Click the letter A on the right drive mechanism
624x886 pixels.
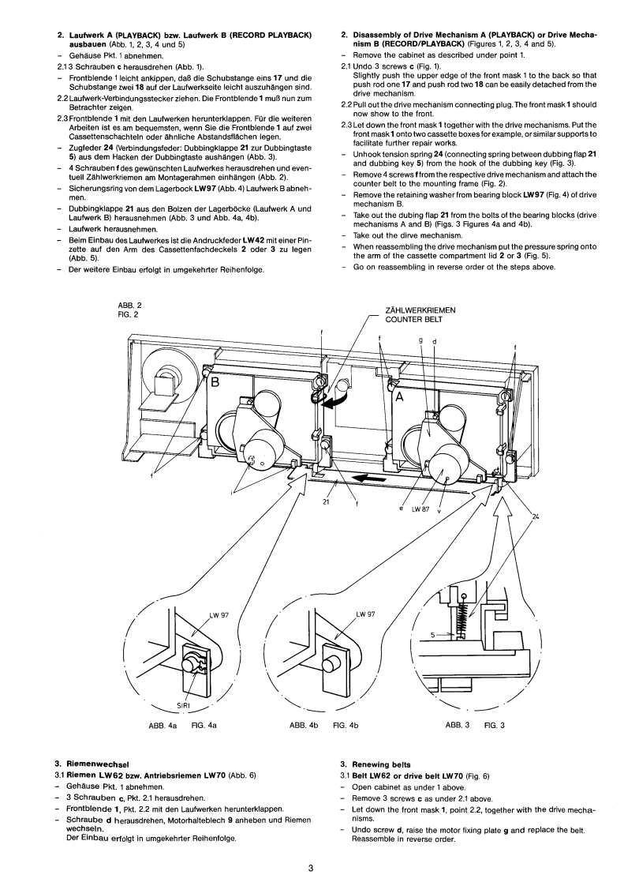[399, 399]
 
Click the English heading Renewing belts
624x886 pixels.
[379, 763]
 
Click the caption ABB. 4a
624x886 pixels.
[160, 724]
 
